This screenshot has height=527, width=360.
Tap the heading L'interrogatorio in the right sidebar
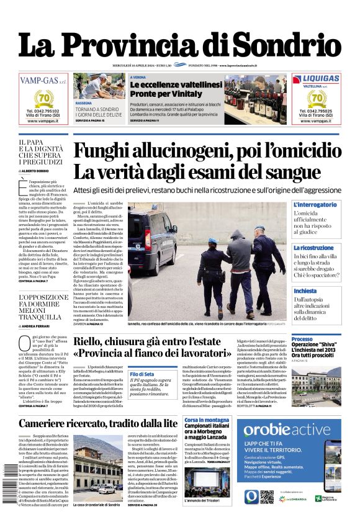(315, 204)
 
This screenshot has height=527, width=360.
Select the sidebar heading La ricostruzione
(313, 248)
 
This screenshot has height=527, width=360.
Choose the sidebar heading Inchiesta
(305, 291)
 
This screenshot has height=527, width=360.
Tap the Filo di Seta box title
(142, 374)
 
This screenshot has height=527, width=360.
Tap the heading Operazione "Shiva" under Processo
(315, 344)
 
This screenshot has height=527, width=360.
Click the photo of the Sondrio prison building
(98, 474)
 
